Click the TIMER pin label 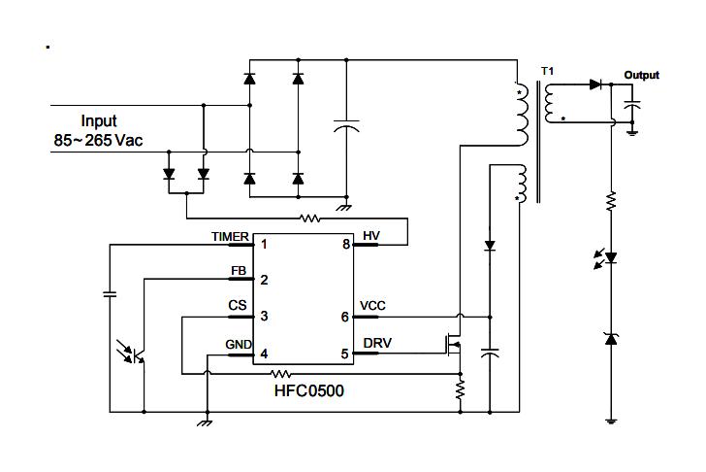(230, 236)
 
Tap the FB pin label (238, 271)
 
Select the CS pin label (238, 306)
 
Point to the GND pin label (238, 344)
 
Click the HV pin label (371, 236)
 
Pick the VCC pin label (372, 306)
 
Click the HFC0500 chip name (308, 391)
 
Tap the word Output (641, 75)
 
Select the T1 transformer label (549, 71)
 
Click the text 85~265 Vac (98, 141)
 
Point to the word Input (98, 121)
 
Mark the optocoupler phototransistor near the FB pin (135, 352)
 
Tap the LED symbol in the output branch (611, 258)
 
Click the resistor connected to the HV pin (310, 219)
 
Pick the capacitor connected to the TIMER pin (110, 291)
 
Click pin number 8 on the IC (345, 245)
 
